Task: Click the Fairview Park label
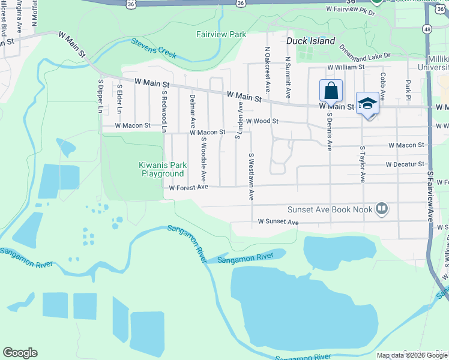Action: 221,34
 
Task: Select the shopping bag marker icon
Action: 331,92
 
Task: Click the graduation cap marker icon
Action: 367,104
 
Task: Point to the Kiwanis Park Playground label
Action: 162,169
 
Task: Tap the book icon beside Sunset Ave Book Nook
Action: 381,209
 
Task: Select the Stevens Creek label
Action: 154,48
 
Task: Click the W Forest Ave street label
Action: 188,187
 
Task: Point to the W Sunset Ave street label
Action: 278,222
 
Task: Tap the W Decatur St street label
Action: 405,164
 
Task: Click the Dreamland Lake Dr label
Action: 364,50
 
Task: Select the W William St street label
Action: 345,67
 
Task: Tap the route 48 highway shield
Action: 427,28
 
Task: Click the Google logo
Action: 20,353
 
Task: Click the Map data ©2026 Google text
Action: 412,355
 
